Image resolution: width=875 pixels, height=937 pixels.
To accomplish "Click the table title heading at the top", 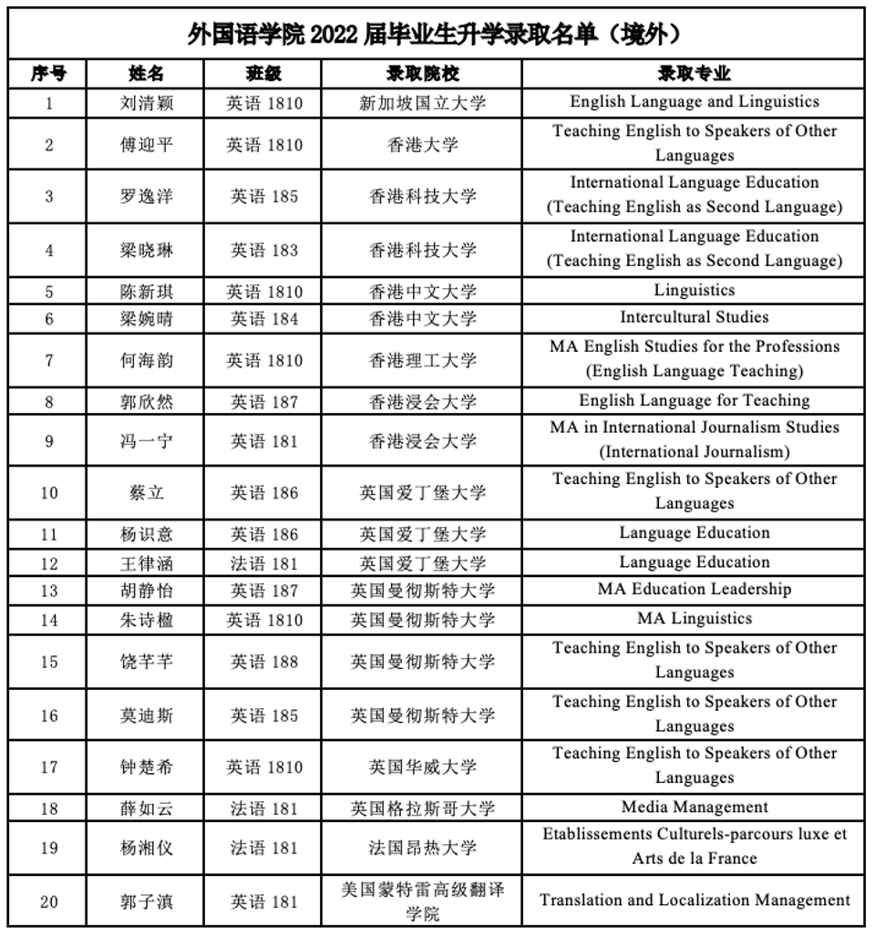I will coord(436,35).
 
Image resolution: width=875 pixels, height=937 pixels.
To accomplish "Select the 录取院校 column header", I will coord(422,74).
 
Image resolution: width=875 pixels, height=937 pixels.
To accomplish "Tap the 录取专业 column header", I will coord(694,74).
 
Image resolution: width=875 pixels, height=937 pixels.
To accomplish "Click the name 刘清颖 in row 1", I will coord(146,103).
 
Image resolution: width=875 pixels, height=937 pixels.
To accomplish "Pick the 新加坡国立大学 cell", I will coord(422,103).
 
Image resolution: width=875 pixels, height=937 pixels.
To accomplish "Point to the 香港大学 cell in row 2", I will coord(422,144).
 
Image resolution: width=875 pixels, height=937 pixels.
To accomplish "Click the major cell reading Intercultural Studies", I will coord(694,317).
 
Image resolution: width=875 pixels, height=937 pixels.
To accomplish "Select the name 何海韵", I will coord(146,360).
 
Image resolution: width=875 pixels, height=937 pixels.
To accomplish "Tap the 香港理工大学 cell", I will coord(422,360).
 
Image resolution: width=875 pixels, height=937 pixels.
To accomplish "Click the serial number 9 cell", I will coord(49,441).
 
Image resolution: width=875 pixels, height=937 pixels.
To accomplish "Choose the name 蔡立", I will coord(146,492).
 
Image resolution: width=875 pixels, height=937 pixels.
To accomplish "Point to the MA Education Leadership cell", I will coord(694,589).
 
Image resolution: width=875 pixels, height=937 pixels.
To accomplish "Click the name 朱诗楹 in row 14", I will coord(146,620).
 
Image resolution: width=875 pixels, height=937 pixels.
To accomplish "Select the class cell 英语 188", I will coord(263,662).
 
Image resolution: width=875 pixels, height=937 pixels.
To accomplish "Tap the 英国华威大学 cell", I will coord(422,767).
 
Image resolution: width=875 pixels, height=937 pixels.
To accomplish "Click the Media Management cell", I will coord(694,807).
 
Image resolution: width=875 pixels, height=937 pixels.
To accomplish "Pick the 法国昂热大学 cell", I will coord(422,848).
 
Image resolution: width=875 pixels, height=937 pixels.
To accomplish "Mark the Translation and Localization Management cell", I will coord(694,901).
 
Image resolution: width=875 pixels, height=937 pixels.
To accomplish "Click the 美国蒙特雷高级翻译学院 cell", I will coord(422,901).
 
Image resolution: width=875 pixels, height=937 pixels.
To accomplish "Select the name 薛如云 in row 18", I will coord(146,808).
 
